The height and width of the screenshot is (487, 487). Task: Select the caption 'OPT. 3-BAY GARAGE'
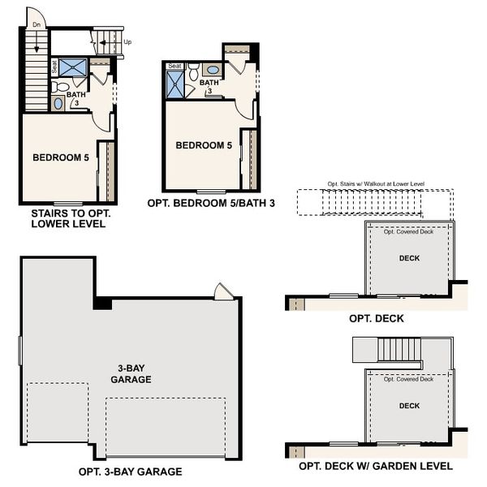(x=131, y=472)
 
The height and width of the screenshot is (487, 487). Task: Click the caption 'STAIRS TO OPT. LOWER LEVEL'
(x=68, y=218)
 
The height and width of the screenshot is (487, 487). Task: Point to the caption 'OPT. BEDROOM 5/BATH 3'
(x=211, y=203)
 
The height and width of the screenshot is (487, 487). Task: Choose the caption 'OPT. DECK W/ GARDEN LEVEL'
(x=376, y=467)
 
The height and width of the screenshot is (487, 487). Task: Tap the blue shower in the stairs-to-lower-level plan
(x=73, y=67)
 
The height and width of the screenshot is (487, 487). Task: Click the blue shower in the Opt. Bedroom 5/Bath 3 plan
(x=175, y=84)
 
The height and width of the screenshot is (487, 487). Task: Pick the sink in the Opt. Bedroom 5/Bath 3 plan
(x=213, y=71)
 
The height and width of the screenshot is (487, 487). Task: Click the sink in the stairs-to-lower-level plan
(x=58, y=103)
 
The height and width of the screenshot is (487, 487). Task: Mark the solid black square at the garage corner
(x=102, y=303)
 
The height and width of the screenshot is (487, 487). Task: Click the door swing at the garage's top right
(x=223, y=291)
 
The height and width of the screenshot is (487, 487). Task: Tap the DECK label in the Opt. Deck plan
(x=410, y=258)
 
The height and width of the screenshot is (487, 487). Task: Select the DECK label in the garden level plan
(x=410, y=405)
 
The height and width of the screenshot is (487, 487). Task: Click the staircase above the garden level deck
(x=398, y=350)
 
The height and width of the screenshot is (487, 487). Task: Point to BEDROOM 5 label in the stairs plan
(x=60, y=157)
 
